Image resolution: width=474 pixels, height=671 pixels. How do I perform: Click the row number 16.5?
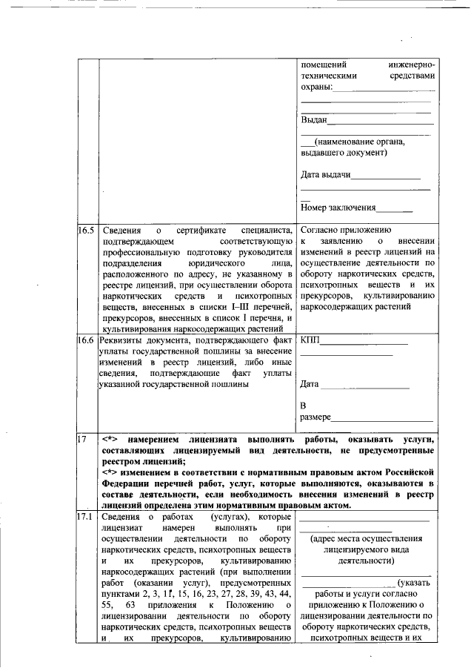coord(87,231)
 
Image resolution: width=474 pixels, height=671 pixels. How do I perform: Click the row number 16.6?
coord(87,340)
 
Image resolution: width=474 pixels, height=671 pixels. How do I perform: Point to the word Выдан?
coord(314,120)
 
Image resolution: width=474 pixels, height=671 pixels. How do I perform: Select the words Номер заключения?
coord(338,208)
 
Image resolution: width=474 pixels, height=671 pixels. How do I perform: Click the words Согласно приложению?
coord(345,231)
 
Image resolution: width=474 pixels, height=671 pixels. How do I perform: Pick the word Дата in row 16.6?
coord(310,385)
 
